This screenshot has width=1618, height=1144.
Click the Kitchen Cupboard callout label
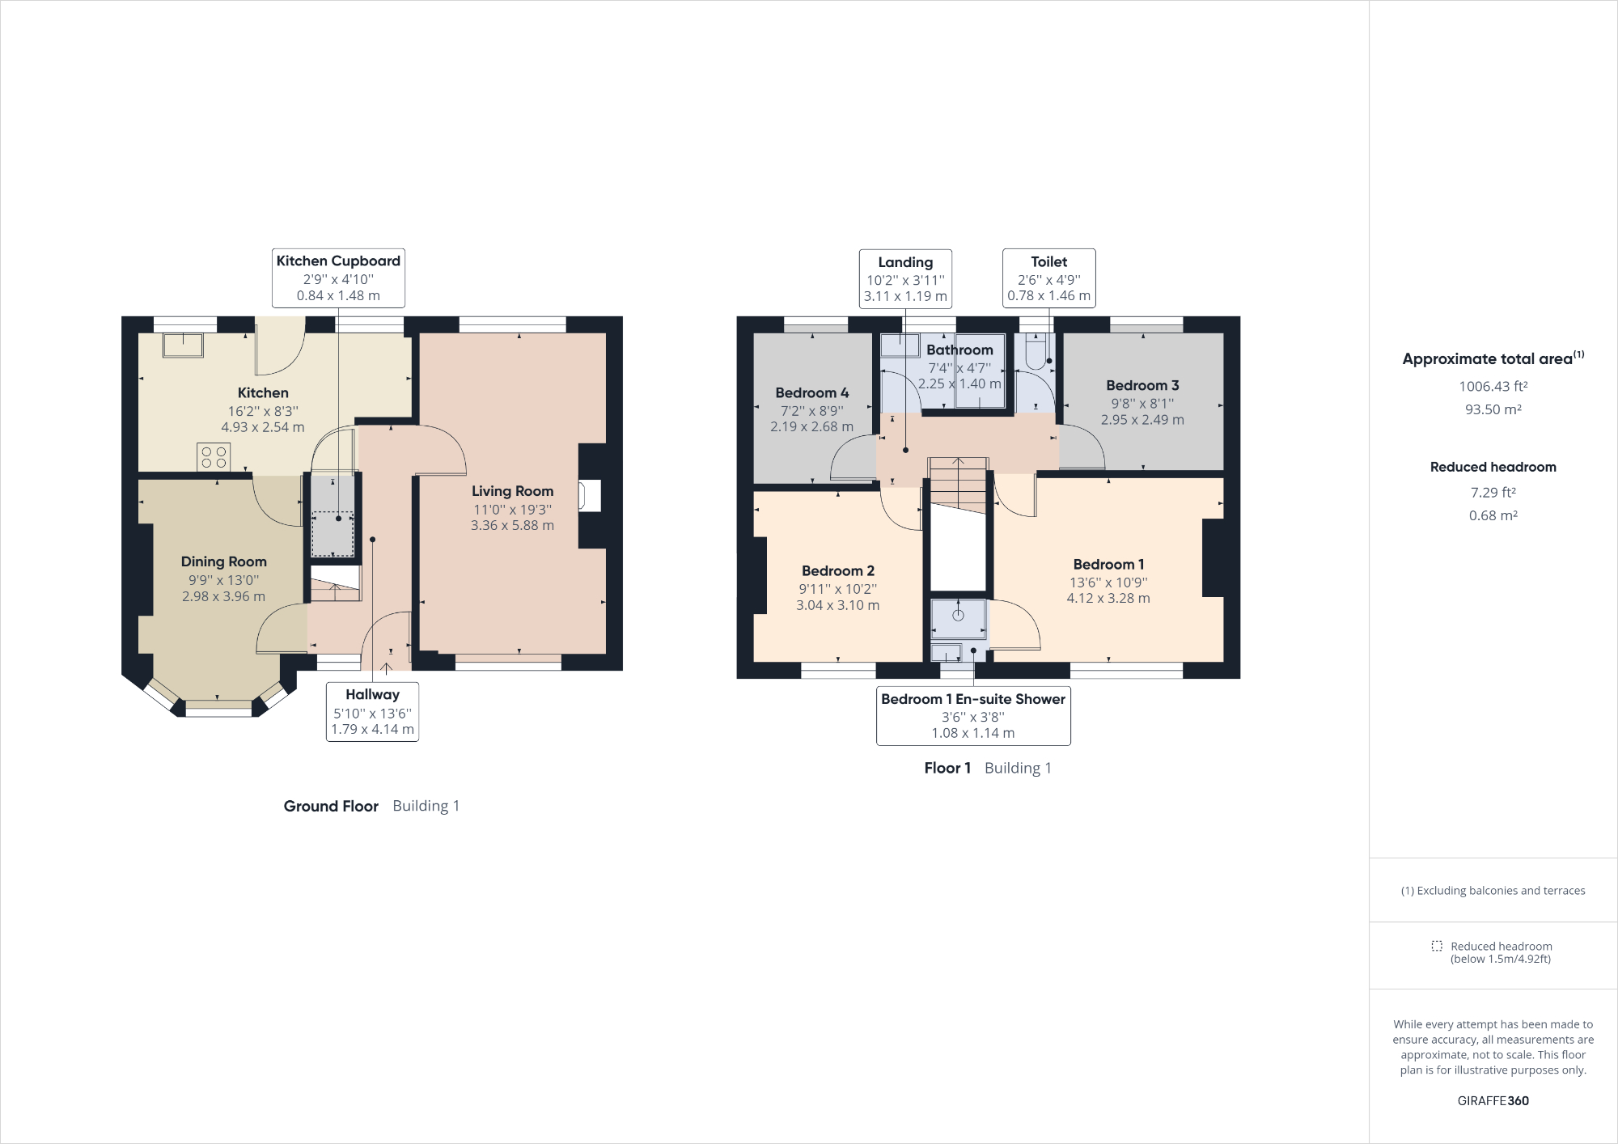pos(338,278)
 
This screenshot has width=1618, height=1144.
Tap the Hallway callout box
pos(372,711)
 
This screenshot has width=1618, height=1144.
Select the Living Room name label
pos(512,491)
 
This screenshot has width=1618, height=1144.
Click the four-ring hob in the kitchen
pos(214,457)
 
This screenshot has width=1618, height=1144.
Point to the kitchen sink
pos(183,345)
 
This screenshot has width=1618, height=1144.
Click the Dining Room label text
pos(223,561)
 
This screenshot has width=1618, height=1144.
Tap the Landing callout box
pos(905,278)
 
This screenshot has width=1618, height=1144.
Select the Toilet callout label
pos(1048,278)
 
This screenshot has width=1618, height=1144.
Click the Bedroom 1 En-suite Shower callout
pos(973,715)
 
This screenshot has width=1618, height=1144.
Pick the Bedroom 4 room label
pos(811,393)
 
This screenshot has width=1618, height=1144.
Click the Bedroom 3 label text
pos(1142,386)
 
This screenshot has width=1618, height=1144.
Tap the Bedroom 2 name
pos(837,571)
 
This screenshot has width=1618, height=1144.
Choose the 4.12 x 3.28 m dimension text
pos(1108,599)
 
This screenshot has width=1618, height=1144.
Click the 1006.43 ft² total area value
pos(1493,387)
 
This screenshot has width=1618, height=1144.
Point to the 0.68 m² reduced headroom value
pos(1493,515)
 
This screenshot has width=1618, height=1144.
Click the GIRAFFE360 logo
pos(1493,1100)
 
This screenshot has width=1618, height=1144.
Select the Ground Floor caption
pos(331,806)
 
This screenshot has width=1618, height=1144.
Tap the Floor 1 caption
pos(947,768)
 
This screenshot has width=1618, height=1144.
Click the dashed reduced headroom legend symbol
pos(1437,946)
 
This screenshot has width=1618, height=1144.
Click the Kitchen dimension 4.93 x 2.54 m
pos(263,427)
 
